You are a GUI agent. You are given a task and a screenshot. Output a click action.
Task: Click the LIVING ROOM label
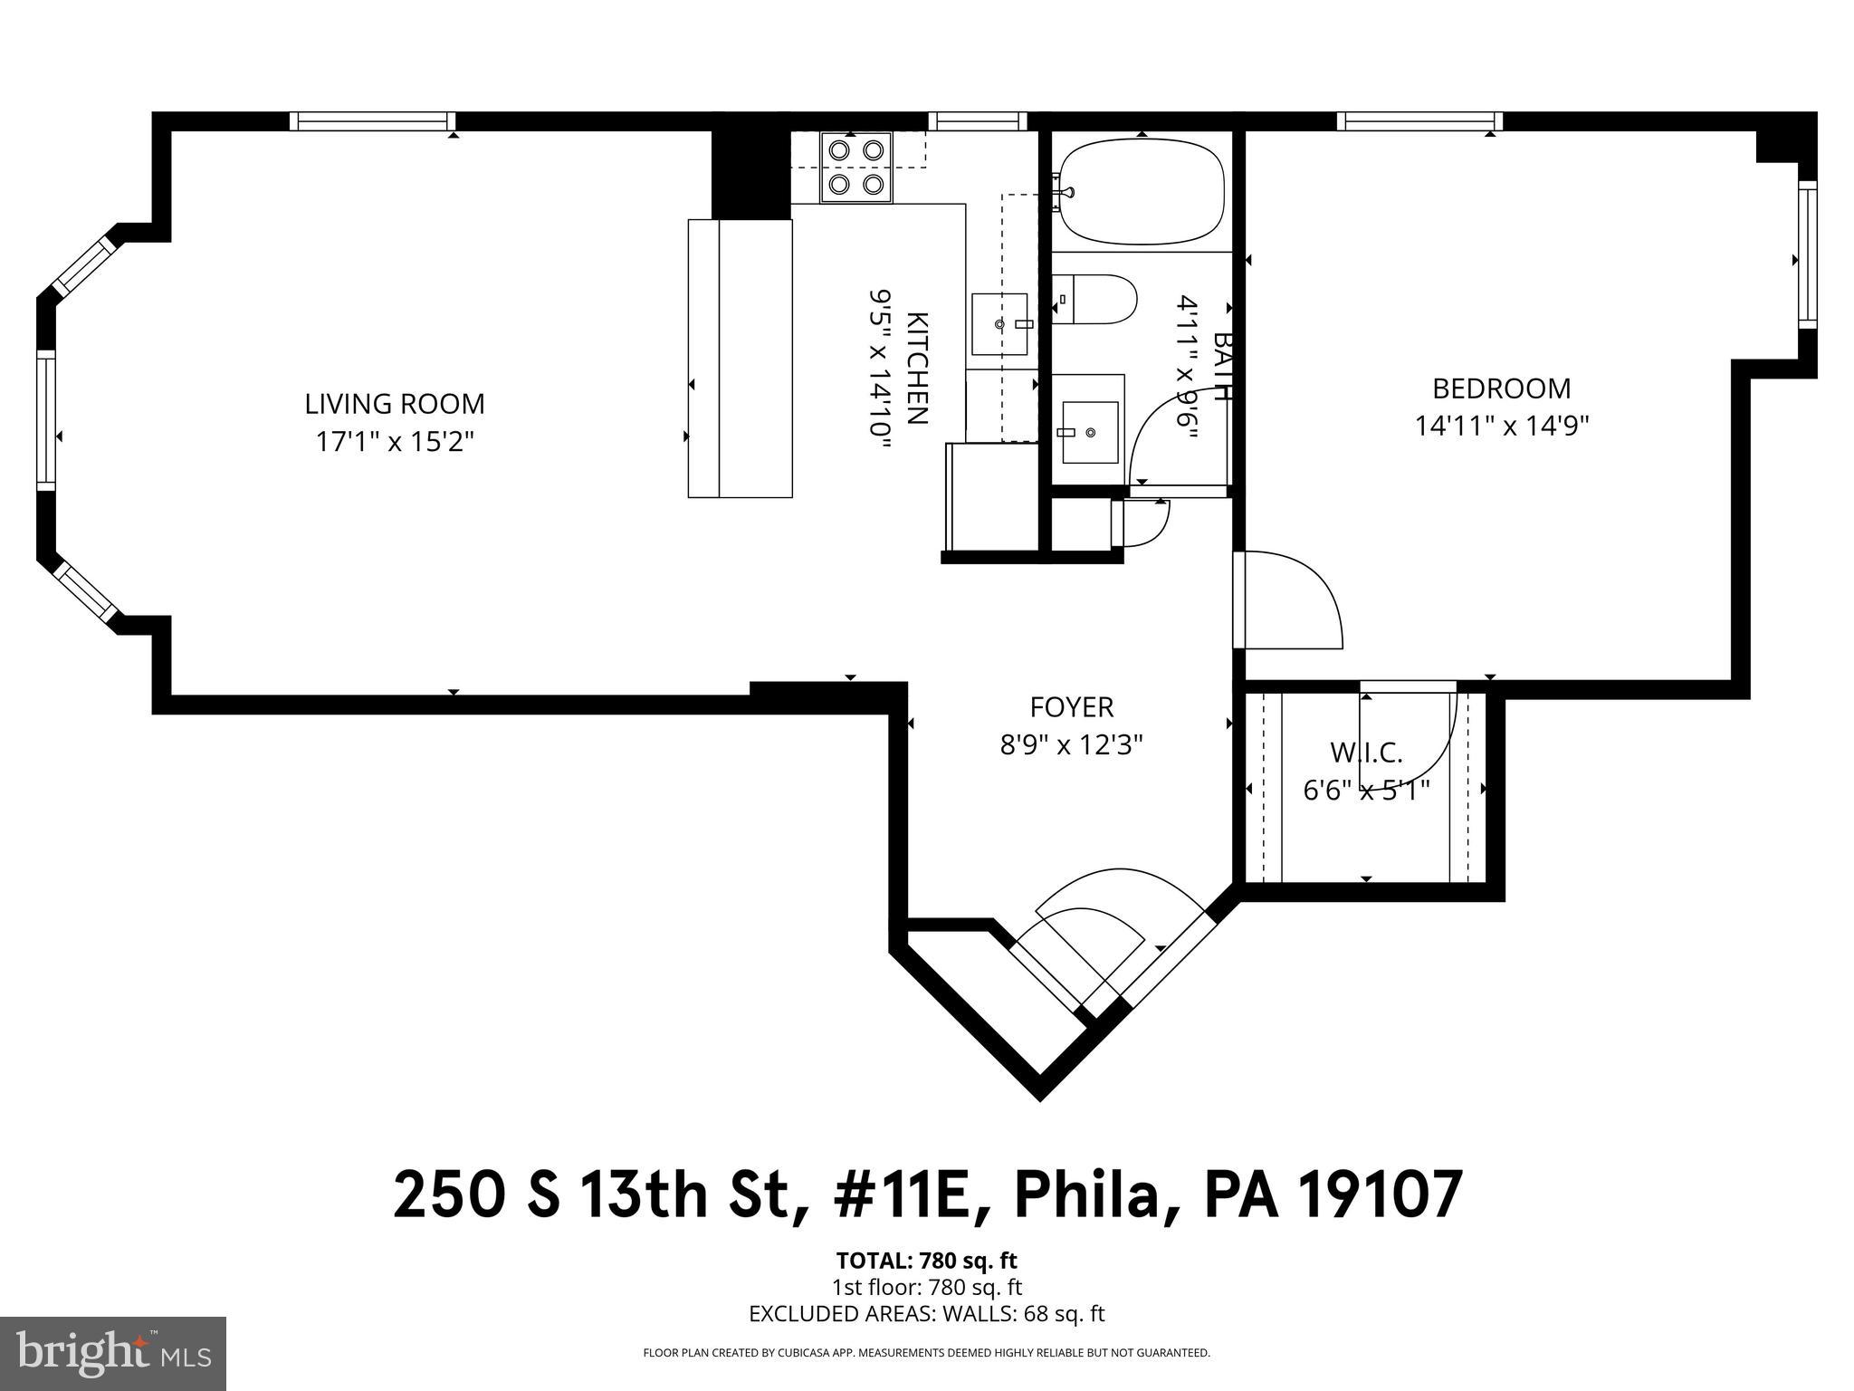[x=394, y=404]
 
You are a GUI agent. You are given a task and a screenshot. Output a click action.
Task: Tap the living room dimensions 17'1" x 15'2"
[x=394, y=442]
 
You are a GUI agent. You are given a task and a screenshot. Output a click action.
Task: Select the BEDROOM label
[x=1501, y=389]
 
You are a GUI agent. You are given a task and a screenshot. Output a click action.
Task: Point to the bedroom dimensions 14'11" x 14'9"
[x=1502, y=426]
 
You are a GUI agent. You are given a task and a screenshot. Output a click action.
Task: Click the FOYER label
[x=1071, y=706]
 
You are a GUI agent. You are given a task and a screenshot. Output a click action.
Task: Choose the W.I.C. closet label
[x=1366, y=752]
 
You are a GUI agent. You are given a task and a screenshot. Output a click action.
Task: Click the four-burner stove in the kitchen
[x=855, y=168]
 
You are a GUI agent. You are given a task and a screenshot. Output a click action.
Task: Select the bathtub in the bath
[x=1142, y=191]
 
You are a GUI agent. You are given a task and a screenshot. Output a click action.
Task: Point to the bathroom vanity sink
[x=1089, y=432]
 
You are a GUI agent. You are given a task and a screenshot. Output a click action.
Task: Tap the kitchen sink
[x=999, y=324]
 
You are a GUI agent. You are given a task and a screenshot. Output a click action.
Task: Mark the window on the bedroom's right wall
[x=1807, y=254]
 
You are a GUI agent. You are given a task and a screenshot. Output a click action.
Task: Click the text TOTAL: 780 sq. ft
[x=926, y=1260]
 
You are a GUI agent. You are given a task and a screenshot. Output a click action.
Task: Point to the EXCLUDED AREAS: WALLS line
[x=926, y=1314]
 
